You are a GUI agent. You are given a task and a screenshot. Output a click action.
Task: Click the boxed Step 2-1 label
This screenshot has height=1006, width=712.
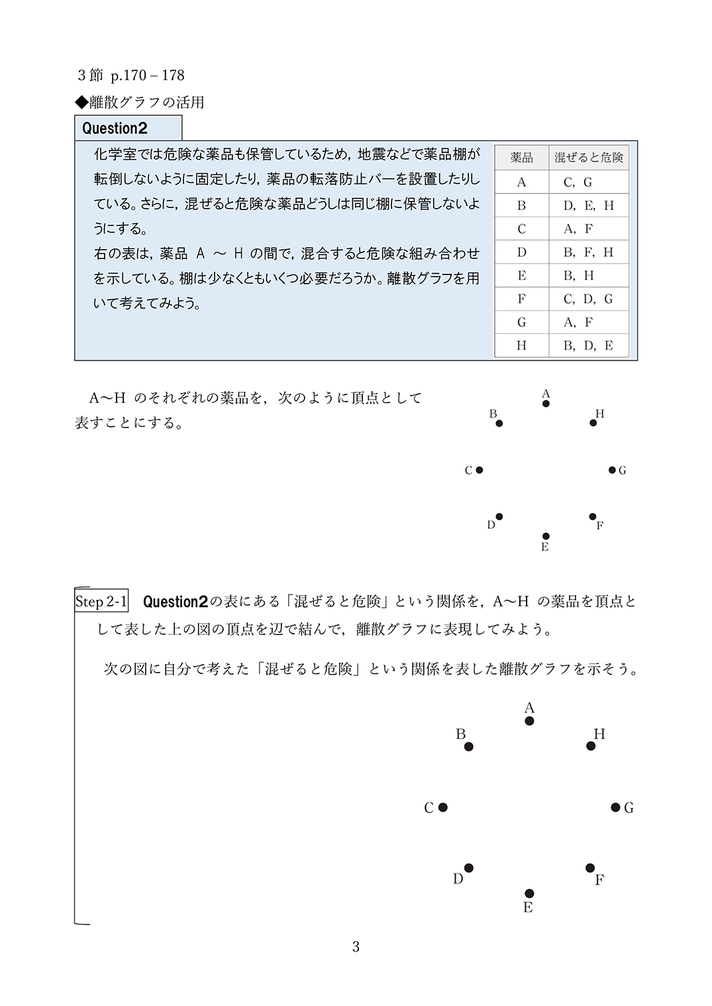click(x=101, y=601)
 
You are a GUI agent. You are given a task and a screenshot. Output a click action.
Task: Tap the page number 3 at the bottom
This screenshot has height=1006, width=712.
click(x=356, y=947)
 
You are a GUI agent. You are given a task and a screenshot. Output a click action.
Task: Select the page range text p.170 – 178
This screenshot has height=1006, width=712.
click(x=148, y=76)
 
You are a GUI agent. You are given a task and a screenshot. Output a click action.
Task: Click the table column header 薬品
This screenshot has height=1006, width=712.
click(x=522, y=158)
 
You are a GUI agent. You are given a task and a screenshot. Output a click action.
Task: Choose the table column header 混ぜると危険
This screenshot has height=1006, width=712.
click(x=589, y=158)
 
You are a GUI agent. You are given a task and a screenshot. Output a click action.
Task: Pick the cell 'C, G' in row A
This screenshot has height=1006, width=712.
click(x=578, y=182)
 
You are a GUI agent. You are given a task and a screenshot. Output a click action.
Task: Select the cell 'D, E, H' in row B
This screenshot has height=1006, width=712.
click(x=588, y=205)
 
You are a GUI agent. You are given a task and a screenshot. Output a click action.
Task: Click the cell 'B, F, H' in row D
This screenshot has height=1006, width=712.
click(x=588, y=252)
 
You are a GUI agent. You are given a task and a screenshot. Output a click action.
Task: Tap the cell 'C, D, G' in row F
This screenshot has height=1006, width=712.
click(x=588, y=299)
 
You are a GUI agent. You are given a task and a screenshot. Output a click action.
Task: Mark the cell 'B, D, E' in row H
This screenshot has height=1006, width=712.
click(x=588, y=345)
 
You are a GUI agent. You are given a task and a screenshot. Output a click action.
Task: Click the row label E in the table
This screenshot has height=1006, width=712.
click(x=522, y=276)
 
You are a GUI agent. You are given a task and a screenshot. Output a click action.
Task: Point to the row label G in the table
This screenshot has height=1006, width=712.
click(x=522, y=322)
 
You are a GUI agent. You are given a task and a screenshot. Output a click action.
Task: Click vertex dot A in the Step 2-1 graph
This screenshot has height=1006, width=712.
click(x=529, y=721)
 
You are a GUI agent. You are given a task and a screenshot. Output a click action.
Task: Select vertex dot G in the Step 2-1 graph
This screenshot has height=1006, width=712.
click(x=615, y=807)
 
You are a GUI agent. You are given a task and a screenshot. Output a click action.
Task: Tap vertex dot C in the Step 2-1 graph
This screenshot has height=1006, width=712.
click(x=443, y=807)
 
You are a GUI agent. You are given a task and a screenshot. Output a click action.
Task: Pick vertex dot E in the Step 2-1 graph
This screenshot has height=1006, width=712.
click(x=529, y=893)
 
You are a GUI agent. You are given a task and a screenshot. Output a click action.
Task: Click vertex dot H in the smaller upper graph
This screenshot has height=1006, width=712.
click(x=593, y=423)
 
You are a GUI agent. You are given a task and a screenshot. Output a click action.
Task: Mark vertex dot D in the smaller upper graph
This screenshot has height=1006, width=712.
click(x=499, y=517)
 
